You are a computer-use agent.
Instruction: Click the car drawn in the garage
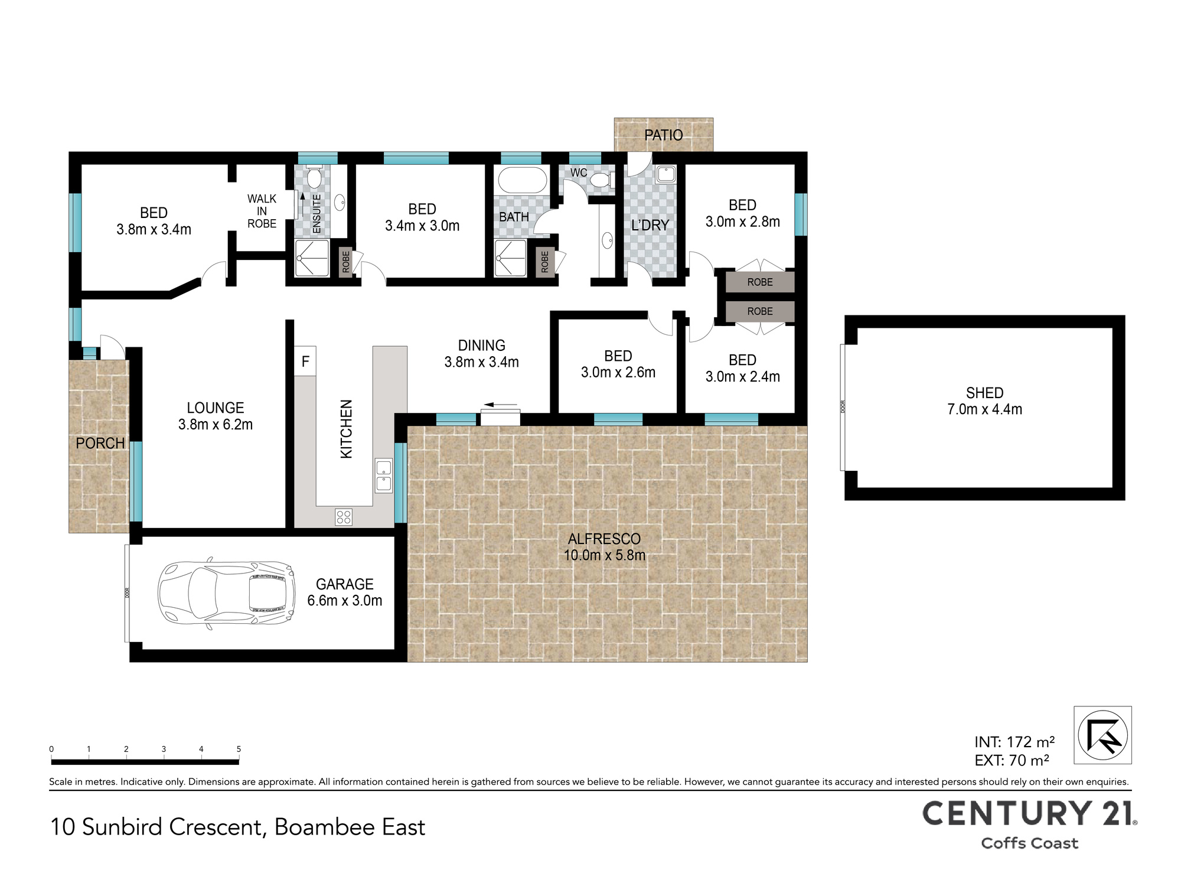coord(226,593)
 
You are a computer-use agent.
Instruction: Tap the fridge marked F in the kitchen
coord(305,361)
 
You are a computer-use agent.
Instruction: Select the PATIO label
coord(664,135)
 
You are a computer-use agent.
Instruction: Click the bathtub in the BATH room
coord(522,180)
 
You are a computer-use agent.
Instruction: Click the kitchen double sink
coord(384,476)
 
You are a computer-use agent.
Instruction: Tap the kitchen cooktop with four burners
coord(344,517)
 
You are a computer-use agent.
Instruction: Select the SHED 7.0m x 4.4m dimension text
coord(984,401)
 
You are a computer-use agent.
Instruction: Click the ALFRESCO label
coord(604,539)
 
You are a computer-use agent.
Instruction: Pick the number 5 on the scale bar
coord(239,749)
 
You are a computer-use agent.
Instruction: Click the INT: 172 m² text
coord(1014,742)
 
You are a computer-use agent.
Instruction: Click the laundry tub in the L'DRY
coord(665,174)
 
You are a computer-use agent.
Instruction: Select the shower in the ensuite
coord(312,258)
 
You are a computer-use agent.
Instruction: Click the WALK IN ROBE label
coord(262,211)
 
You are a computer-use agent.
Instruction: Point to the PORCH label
coord(100,443)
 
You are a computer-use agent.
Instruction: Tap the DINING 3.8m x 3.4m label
coord(481,354)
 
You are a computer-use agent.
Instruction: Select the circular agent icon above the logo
coord(1102,735)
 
